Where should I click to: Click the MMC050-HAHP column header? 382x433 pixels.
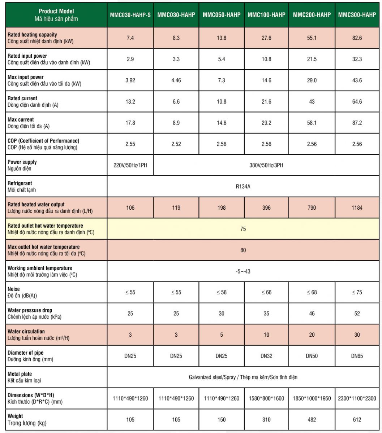222,15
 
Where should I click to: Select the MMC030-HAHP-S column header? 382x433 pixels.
130,15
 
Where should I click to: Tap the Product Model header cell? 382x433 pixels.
56,15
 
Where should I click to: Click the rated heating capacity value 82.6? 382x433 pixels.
357,38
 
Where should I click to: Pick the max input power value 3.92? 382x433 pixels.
130,80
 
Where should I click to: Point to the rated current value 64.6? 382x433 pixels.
357,102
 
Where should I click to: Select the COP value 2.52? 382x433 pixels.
176,144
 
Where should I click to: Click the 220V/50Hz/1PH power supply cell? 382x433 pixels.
130,165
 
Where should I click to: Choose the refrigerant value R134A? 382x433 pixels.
243,187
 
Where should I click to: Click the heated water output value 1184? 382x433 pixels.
357,208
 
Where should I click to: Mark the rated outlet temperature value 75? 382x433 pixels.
243,229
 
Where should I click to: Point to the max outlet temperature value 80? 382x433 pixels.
243,250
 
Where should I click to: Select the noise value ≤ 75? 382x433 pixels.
357,292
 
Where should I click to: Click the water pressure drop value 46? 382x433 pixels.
312,314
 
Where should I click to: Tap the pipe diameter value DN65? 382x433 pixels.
357,356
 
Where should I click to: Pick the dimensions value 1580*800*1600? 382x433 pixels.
267,398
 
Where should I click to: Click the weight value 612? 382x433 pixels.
357,420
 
